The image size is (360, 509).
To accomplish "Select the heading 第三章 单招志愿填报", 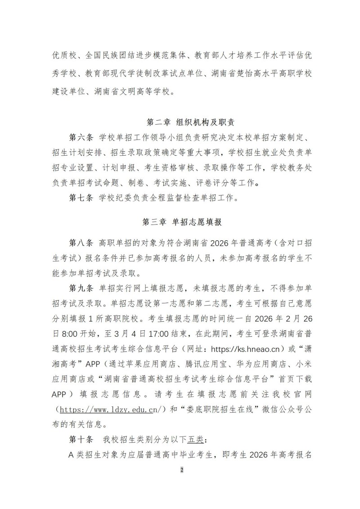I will [182, 221].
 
